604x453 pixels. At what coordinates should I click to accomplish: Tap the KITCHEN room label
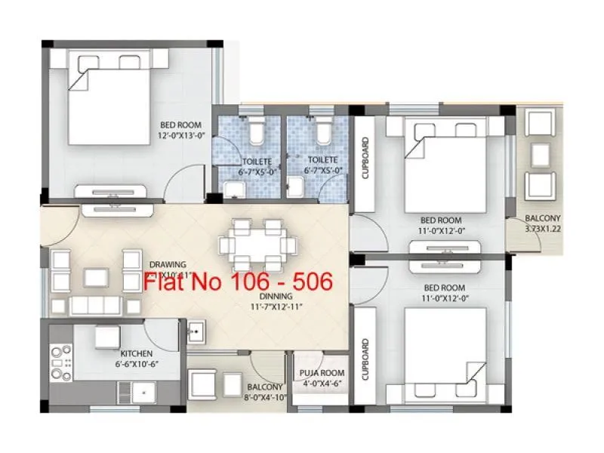pyautogui.click(x=137, y=353)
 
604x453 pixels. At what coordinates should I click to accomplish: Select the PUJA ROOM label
pyautogui.click(x=322, y=373)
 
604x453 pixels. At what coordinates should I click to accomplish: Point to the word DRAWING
pyautogui.click(x=168, y=264)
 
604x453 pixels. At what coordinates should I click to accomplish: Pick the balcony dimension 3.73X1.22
pyautogui.click(x=544, y=228)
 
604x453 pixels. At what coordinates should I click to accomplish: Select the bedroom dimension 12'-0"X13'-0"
pyautogui.click(x=182, y=136)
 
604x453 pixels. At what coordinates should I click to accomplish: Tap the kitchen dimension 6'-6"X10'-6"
pyautogui.click(x=137, y=364)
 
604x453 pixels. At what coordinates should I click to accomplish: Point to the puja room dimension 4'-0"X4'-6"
pyautogui.click(x=322, y=384)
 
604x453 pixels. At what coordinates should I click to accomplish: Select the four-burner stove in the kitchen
pyautogui.click(x=61, y=362)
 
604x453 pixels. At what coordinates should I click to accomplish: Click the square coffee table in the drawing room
pyautogui.click(x=97, y=277)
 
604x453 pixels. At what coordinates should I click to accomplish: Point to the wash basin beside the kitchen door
pyautogui.click(x=196, y=330)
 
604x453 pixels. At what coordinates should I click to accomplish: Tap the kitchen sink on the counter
pyautogui.click(x=140, y=392)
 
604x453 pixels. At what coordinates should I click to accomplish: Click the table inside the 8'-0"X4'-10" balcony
pyautogui.click(x=204, y=384)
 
